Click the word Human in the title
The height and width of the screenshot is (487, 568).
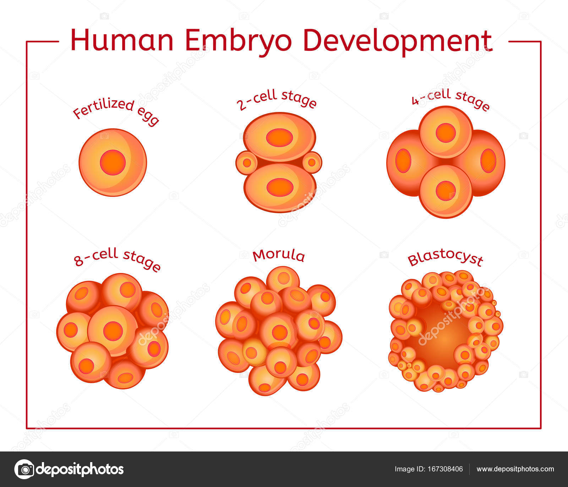[122, 40]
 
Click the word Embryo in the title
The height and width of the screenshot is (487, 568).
[238, 40]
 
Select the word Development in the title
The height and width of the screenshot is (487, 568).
[398, 40]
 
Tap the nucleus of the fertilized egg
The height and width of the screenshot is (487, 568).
[113, 162]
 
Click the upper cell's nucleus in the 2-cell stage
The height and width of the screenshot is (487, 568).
[280, 137]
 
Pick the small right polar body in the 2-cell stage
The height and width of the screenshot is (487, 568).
[312, 163]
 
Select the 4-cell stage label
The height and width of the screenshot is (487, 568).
[450, 99]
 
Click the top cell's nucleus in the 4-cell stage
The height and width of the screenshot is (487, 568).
[446, 132]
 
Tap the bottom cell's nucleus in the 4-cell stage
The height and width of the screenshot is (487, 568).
[446, 191]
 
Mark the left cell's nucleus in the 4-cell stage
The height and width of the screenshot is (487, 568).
[403, 161]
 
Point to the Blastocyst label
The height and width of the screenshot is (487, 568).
[445, 259]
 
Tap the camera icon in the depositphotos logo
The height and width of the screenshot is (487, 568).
[24, 469]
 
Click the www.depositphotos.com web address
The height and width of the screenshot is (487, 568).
[515, 469]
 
